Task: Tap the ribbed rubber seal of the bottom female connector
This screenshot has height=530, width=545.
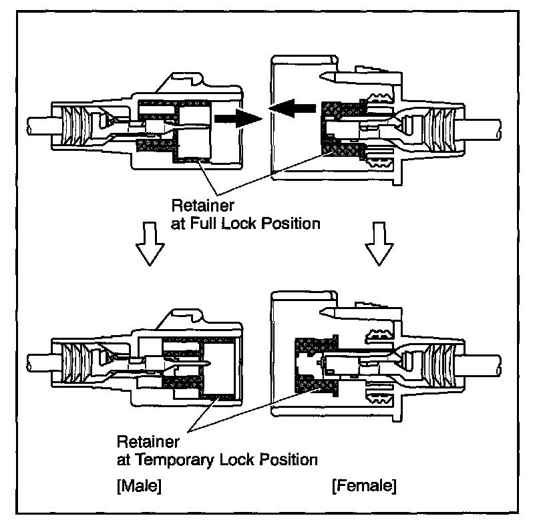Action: coord(444,365)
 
